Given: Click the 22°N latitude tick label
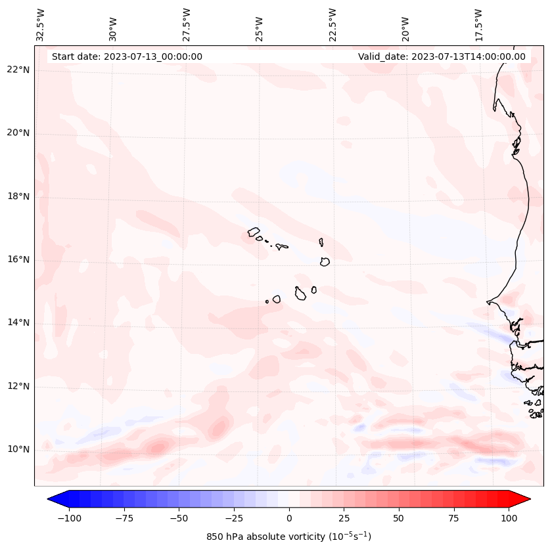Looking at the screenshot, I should [x=18, y=70].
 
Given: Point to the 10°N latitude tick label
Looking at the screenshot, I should [x=18, y=449].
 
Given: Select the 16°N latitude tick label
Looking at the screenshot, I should [x=18, y=259].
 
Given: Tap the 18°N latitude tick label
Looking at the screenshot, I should [x=18, y=196].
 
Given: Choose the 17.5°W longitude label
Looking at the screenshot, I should [x=478, y=24].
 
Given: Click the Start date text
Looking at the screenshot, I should [x=127, y=56].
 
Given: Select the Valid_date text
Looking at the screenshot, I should [x=442, y=56].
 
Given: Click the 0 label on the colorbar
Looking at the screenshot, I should [x=289, y=519].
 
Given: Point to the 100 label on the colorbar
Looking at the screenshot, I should [x=509, y=519].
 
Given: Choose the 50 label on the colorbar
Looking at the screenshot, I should [x=399, y=519].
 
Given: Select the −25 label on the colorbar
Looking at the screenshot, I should [x=233, y=519].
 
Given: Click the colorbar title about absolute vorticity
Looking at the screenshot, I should [x=288, y=537].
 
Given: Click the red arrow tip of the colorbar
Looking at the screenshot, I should [x=524, y=500].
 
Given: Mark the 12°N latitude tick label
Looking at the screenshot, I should [x=18, y=386].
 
